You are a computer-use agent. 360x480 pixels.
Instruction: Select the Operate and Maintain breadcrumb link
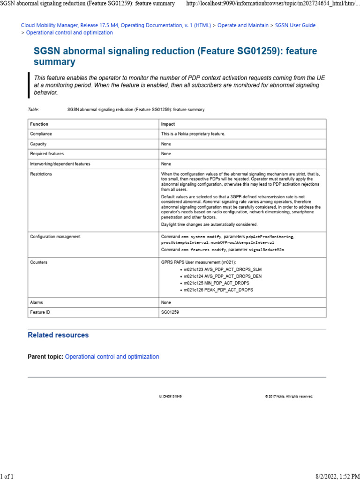pos(244,25)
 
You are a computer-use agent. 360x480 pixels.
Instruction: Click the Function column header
pos(39,124)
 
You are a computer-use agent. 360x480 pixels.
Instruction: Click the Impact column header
pos(168,124)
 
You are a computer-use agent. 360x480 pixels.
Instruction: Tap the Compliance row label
pos(41,134)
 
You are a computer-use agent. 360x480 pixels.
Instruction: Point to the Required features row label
pos(47,154)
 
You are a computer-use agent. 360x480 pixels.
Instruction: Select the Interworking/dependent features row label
pos(60,164)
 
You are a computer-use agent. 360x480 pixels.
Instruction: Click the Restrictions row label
pos(41,174)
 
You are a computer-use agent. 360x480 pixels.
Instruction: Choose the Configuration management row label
pos(55,237)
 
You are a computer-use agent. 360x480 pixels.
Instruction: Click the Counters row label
pos(39,262)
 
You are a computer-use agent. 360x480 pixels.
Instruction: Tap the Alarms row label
pos(37,303)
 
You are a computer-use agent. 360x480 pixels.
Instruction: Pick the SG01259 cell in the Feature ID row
pos(170,312)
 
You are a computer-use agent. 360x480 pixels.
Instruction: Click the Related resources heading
pos(58,335)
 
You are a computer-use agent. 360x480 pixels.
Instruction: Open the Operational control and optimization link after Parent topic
pos(112,357)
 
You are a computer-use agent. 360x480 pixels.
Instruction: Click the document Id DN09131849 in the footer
pos(171,397)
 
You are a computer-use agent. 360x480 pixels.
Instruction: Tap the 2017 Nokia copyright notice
pos(289,397)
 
